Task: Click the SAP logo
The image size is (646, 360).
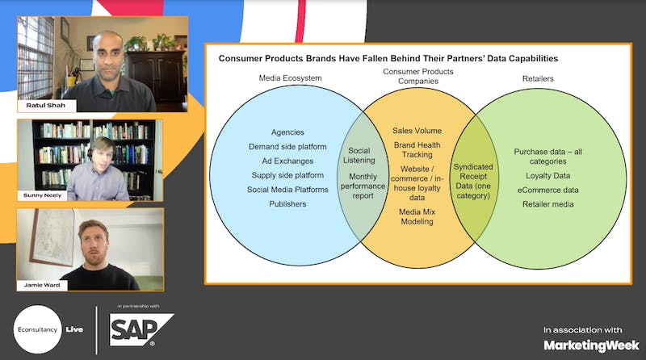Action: (141, 330)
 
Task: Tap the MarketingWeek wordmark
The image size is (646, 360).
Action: (592, 345)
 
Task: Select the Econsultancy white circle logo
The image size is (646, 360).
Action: (37, 329)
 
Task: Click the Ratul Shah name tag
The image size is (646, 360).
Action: (46, 106)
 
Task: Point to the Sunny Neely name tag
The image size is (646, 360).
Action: (42, 195)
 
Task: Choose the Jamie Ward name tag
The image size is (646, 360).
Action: (42, 285)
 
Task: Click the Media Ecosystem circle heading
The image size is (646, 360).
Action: (290, 77)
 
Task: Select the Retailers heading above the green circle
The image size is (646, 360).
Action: (538, 78)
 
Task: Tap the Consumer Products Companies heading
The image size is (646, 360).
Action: (417, 76)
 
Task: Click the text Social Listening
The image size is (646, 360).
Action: (359, 155)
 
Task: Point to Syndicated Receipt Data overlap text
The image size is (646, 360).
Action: (473, 182)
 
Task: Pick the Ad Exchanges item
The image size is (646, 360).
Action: (287, 161)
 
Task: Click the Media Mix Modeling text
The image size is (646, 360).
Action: (417, 216)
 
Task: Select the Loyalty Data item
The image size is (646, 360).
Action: (548, 176)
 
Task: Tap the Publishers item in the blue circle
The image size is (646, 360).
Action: (287, 204)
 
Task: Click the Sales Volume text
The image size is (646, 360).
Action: (417, 131)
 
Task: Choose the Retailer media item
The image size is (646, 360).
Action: (548, 204)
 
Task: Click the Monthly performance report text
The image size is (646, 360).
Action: (363, 186)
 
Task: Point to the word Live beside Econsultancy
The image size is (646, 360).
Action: (74, 329)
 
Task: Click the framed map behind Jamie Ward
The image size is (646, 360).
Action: (52, 237)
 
